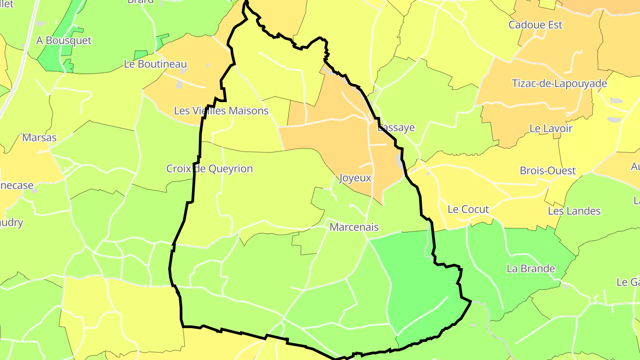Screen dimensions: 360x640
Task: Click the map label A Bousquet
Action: (64, 40)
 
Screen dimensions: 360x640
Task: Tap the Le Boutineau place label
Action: (155, 64)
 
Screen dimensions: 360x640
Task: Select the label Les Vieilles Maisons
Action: (221, 111)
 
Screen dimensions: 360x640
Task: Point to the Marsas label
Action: (40, 137)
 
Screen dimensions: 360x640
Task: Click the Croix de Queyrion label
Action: (209, 169)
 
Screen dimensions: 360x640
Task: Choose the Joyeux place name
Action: (355, 178)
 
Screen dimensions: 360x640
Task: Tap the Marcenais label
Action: (354, 227)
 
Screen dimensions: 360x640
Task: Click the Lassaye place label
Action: (396, 128)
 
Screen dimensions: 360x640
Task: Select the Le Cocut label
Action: (468, 209)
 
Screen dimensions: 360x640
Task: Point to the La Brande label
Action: (531, 268)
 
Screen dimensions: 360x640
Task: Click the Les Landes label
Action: (574, 211)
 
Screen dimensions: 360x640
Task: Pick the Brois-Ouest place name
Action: (548, 171)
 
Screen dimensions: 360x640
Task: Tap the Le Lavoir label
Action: (551, 128)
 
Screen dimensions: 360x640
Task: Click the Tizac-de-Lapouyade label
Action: (559, 84)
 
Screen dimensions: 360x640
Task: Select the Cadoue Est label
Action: (535, 25)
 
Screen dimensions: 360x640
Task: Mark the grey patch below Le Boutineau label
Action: (179, 84)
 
